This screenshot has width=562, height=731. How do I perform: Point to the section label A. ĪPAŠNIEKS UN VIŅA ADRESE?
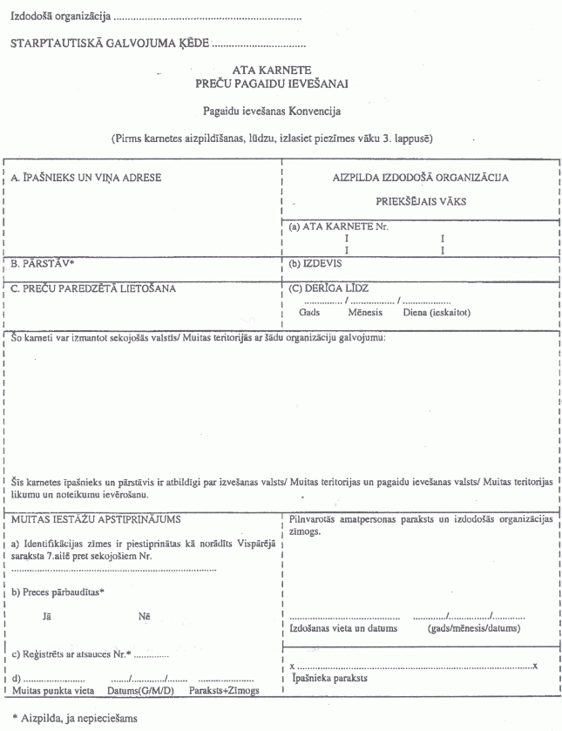[85, 178]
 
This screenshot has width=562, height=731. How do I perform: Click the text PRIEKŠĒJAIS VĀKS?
[421, 200]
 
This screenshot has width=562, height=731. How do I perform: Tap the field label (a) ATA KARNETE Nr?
[339, 227]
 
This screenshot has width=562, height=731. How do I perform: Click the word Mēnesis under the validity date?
[366, 312]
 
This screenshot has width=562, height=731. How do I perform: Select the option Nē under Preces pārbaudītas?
[144, 618]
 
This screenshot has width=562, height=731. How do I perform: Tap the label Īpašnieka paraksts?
[331, 677]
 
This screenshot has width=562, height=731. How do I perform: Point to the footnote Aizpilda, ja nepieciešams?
[77, 718]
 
